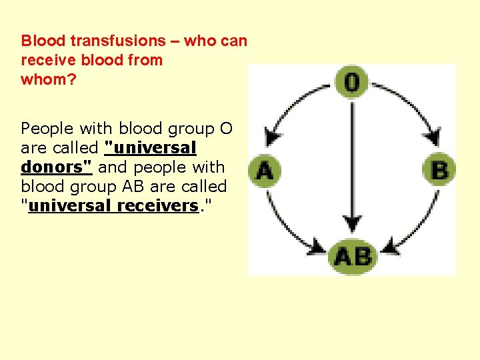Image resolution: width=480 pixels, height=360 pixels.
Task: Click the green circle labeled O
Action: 351,81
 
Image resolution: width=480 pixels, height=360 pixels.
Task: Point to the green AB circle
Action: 353,257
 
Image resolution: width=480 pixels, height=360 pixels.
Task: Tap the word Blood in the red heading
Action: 43,41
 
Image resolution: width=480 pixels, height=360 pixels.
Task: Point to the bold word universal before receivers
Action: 71,205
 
